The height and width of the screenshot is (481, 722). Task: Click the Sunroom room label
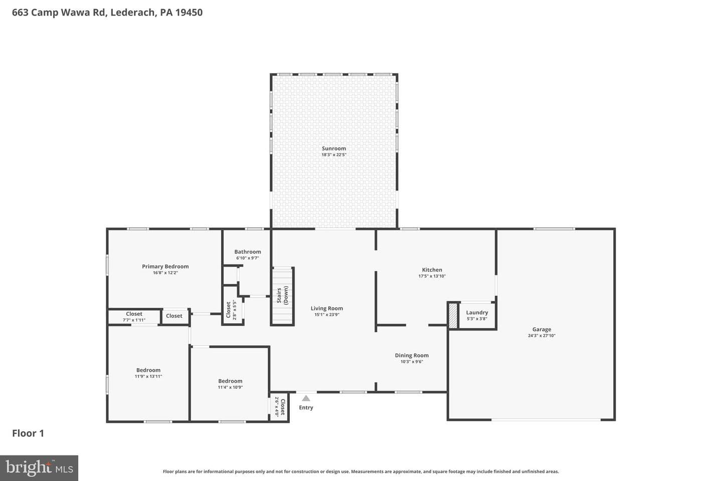click(333, 148)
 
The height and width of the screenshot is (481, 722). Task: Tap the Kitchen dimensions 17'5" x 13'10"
click(432, 276)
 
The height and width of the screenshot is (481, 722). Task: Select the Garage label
click(541, 329)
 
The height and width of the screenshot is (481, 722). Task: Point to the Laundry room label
click(477, 313)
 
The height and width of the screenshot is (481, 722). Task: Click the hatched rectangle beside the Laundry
click(453, 316)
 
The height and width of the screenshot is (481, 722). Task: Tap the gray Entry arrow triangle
click(306, 398)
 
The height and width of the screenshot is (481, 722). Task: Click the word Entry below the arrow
click(306, 407)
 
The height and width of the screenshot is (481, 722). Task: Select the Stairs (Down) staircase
click(282, 296)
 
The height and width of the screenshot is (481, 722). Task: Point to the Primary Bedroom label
click(165, 267)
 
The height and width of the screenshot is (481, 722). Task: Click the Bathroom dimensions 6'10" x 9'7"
click(248, 258)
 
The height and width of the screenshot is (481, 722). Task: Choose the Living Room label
click(326, 308)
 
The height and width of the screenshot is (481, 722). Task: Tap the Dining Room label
click(412, 355)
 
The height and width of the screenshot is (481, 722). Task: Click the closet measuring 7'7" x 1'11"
click(134, 317)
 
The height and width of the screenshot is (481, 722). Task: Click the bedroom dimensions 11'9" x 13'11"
click(148, 376)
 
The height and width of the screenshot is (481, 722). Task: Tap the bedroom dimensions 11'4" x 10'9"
click(230, 387)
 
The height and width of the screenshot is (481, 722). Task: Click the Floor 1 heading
click(28, 433)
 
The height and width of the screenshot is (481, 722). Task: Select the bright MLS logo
click(39, 468)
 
